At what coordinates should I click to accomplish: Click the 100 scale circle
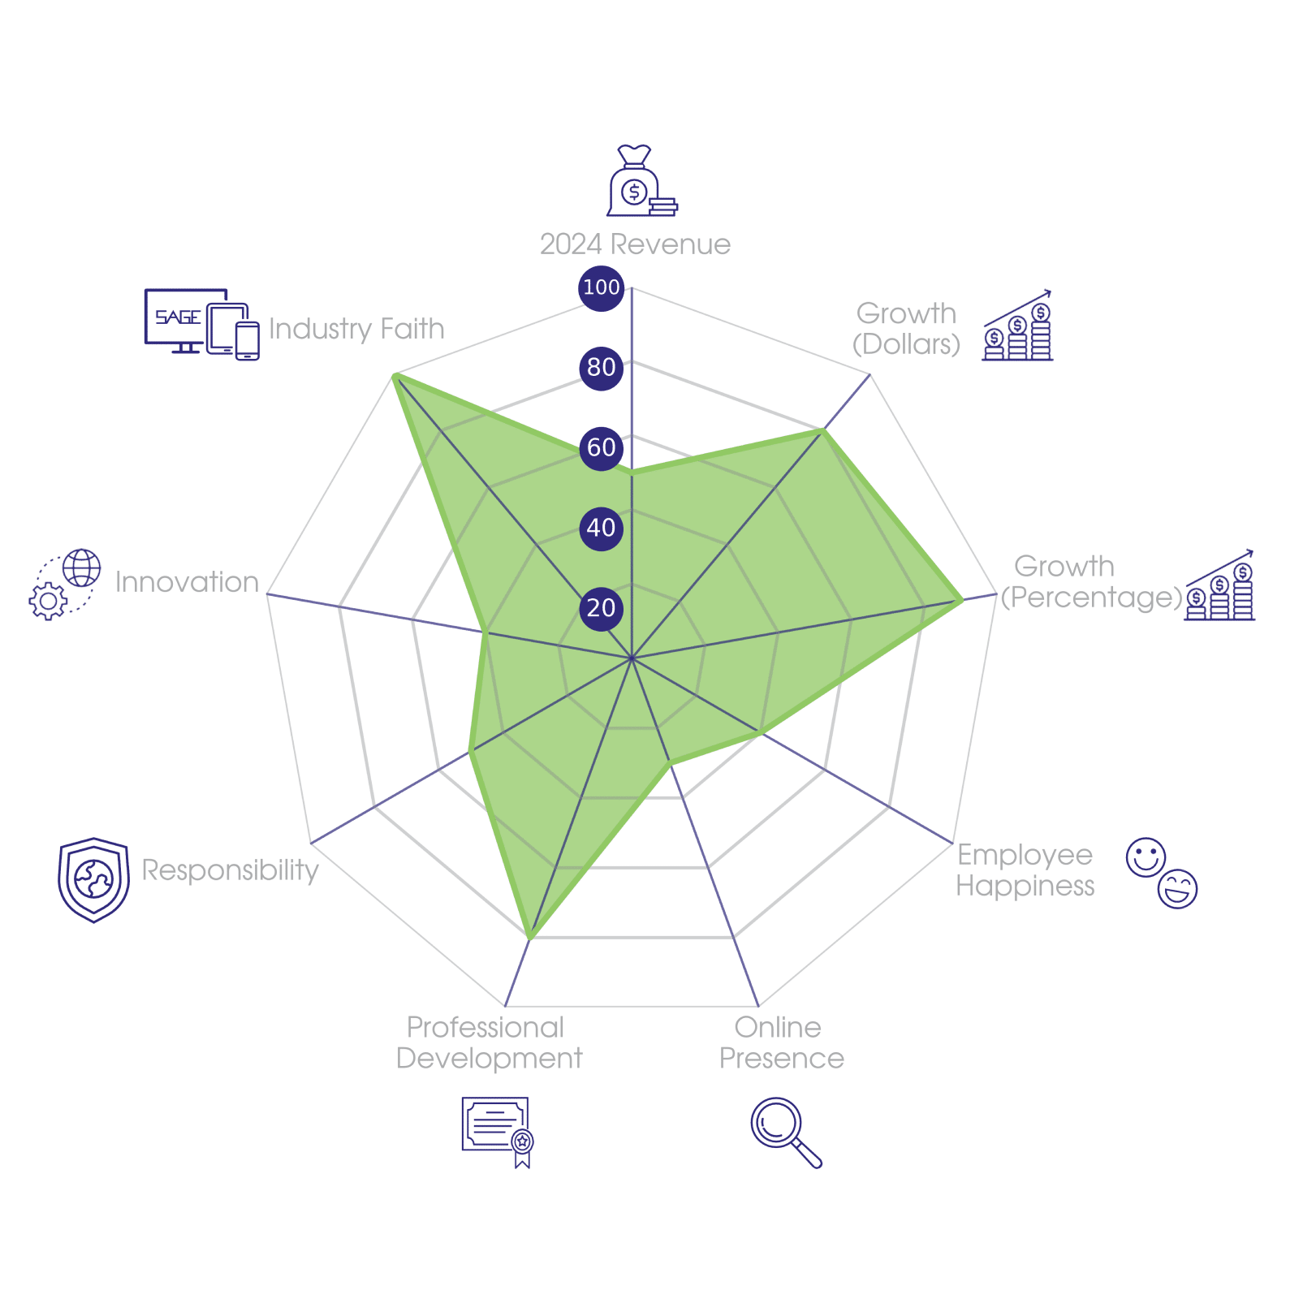click(x=601, y=287)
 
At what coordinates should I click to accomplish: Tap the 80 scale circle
click(x=601, y=367)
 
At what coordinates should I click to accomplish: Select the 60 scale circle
click(x=601, y=447)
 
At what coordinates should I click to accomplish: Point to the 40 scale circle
click(x=601, y=528)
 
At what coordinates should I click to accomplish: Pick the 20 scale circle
click(x=601, y=607)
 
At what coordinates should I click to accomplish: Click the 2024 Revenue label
click(x=635, y=244)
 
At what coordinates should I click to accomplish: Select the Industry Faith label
click(x=356, y=329)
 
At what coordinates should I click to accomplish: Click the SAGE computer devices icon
click(x=201, y=323)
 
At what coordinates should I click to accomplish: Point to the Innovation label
click(x=187, y=582)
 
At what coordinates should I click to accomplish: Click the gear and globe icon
click(x=66, y=585)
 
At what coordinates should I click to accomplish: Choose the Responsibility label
click(x=230, y=870)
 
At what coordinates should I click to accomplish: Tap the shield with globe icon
click(x=94, y=879)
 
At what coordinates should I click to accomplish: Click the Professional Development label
click(x=488, y=1042)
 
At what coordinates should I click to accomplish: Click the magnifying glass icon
click(x=785, y=1132)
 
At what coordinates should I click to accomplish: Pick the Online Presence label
click(x=781, y=1042)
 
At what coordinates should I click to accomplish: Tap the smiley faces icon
click(x=1162, y=871)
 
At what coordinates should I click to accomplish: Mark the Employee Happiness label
click(x=1025, y=870)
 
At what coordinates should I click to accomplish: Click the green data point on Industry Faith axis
click(x=395, y=375)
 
